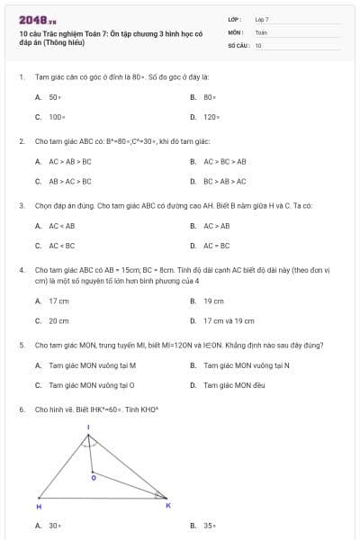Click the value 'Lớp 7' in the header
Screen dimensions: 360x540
(x=262, y=19)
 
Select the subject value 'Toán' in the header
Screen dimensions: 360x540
(x=261, y=31)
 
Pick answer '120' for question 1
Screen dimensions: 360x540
(x=211, y=117)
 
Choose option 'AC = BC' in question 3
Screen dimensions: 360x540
(x=217, y=245)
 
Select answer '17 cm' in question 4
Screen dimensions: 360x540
(x=58, y=301)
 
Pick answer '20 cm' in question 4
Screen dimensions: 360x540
(x=58, y=319)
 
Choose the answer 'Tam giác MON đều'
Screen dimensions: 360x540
(x=233, y=384)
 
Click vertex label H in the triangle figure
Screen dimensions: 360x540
(x=39, y=508)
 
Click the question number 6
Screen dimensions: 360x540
(x=21, y=409)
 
